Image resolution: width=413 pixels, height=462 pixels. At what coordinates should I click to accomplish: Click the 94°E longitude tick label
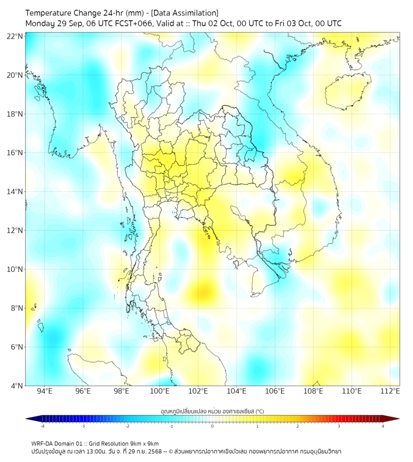tap(44, 392)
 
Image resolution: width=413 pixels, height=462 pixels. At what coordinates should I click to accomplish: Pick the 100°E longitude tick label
tap(159, 392)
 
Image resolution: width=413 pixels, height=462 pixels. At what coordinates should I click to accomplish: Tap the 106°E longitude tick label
tap(275, 392)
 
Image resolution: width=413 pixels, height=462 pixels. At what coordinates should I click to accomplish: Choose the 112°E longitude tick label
tap(390, 392)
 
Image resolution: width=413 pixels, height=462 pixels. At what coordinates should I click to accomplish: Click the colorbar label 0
tap(213, 426)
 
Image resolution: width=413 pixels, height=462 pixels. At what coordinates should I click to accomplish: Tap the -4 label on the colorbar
tap(42, 426)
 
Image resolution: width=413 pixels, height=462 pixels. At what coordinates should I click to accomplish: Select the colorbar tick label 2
tap(298, 426)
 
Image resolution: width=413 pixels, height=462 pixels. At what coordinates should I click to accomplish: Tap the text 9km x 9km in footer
tap(144, 443)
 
